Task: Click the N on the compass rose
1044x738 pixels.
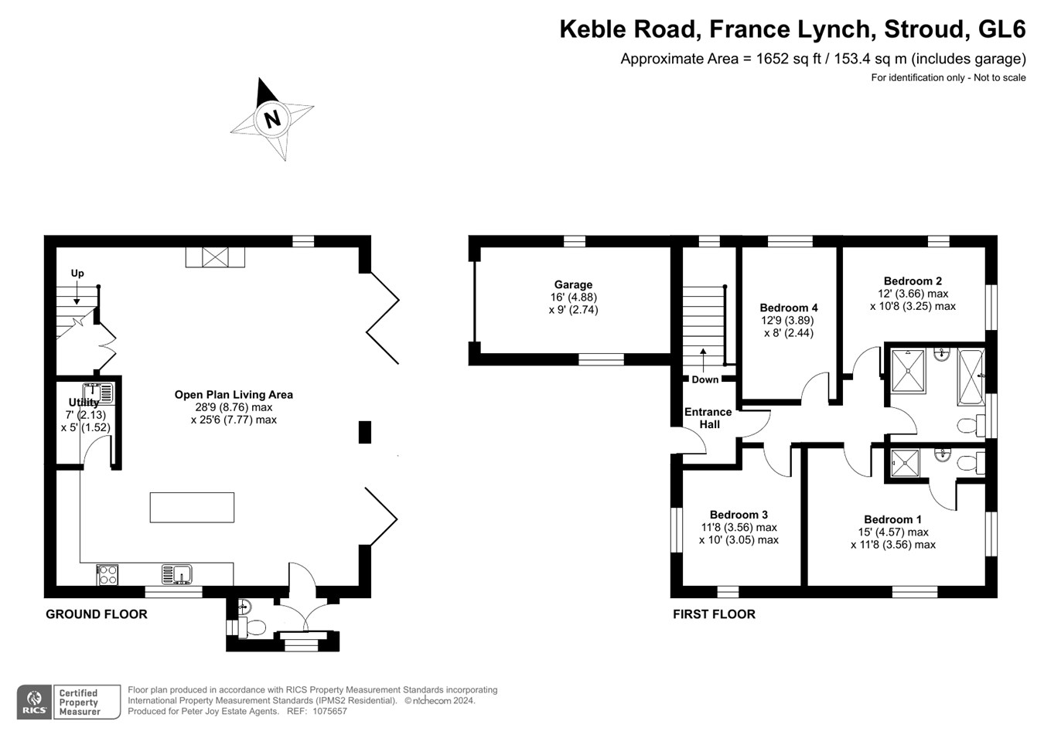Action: pos(272,120)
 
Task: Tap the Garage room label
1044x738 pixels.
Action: pos(573,284)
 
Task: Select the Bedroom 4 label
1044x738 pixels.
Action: pos(788,308)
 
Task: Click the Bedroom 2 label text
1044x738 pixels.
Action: pos(913,281)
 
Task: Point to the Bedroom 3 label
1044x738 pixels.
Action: pos(739,515)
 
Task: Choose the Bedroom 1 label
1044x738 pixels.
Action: pos(892,519)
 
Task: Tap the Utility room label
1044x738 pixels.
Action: pos(84,403)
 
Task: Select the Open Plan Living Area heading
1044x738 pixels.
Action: pos(234,395)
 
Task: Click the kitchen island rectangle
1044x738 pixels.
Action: pos(192,508)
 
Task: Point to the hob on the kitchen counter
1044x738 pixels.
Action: pos(107,575)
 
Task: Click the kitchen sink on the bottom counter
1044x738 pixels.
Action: pos(177,574)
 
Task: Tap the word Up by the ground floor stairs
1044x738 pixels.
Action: pos(77,274)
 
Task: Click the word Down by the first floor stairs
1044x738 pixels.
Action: pos(705,379)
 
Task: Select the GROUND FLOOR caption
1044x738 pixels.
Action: pos(97,614)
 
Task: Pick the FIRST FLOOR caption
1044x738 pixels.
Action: pos(714,614)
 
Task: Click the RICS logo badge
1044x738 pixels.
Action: pos(34,702)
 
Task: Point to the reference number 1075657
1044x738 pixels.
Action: pos(329,711)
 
